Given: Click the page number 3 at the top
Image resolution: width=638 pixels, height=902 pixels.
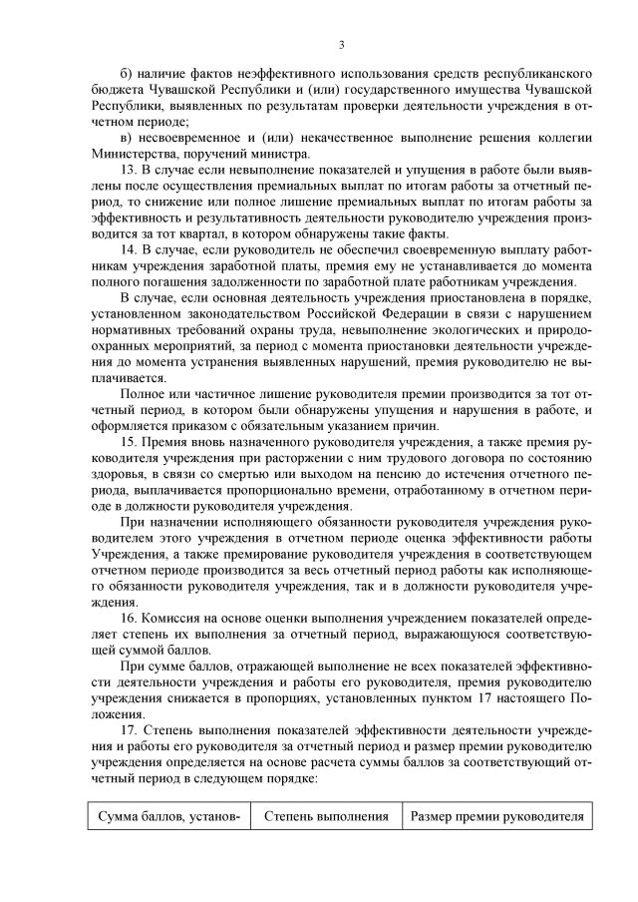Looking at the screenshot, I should pos(341,44).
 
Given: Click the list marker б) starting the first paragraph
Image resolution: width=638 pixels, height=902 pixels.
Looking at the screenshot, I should pos(126,74).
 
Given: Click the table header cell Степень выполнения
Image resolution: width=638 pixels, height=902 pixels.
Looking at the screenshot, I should pos(326,815).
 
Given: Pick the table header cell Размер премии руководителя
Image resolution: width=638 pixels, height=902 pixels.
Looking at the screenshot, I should pos(496,815).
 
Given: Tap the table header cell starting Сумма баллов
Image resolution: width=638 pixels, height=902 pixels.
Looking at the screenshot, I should pos(168,815).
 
